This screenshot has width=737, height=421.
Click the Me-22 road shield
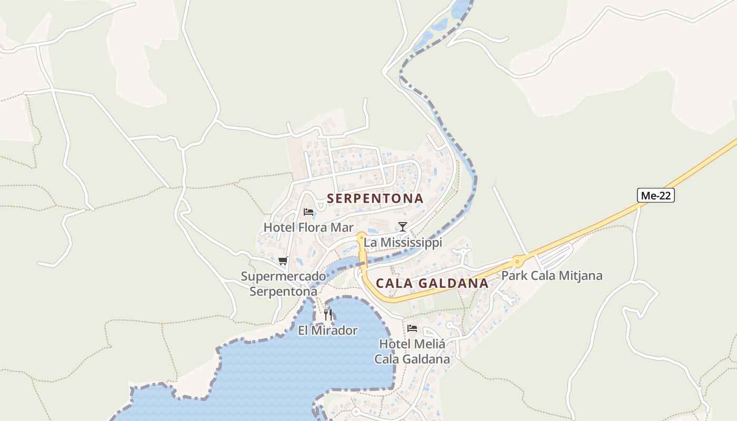(655, 196)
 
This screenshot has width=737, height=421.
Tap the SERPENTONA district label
(375, 198)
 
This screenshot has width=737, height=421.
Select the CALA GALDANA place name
(432, 283)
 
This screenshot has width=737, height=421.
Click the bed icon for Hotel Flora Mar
(308, 212)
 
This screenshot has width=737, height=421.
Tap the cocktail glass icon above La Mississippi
(403, 227)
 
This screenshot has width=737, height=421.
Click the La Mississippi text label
(403, 242)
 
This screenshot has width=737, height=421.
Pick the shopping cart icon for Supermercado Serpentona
(283, 260)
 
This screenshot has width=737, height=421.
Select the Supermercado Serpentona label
(283, 284)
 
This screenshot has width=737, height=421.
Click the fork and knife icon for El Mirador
(328, 315)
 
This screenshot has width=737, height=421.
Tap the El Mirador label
(327, 330)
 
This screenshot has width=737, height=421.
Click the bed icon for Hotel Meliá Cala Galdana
(412, 328)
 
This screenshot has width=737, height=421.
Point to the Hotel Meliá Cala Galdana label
(412, 352)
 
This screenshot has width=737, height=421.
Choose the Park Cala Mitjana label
(552, 276)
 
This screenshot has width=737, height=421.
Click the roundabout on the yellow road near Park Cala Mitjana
(517, 260)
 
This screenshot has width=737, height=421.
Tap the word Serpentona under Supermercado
(283, 292)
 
